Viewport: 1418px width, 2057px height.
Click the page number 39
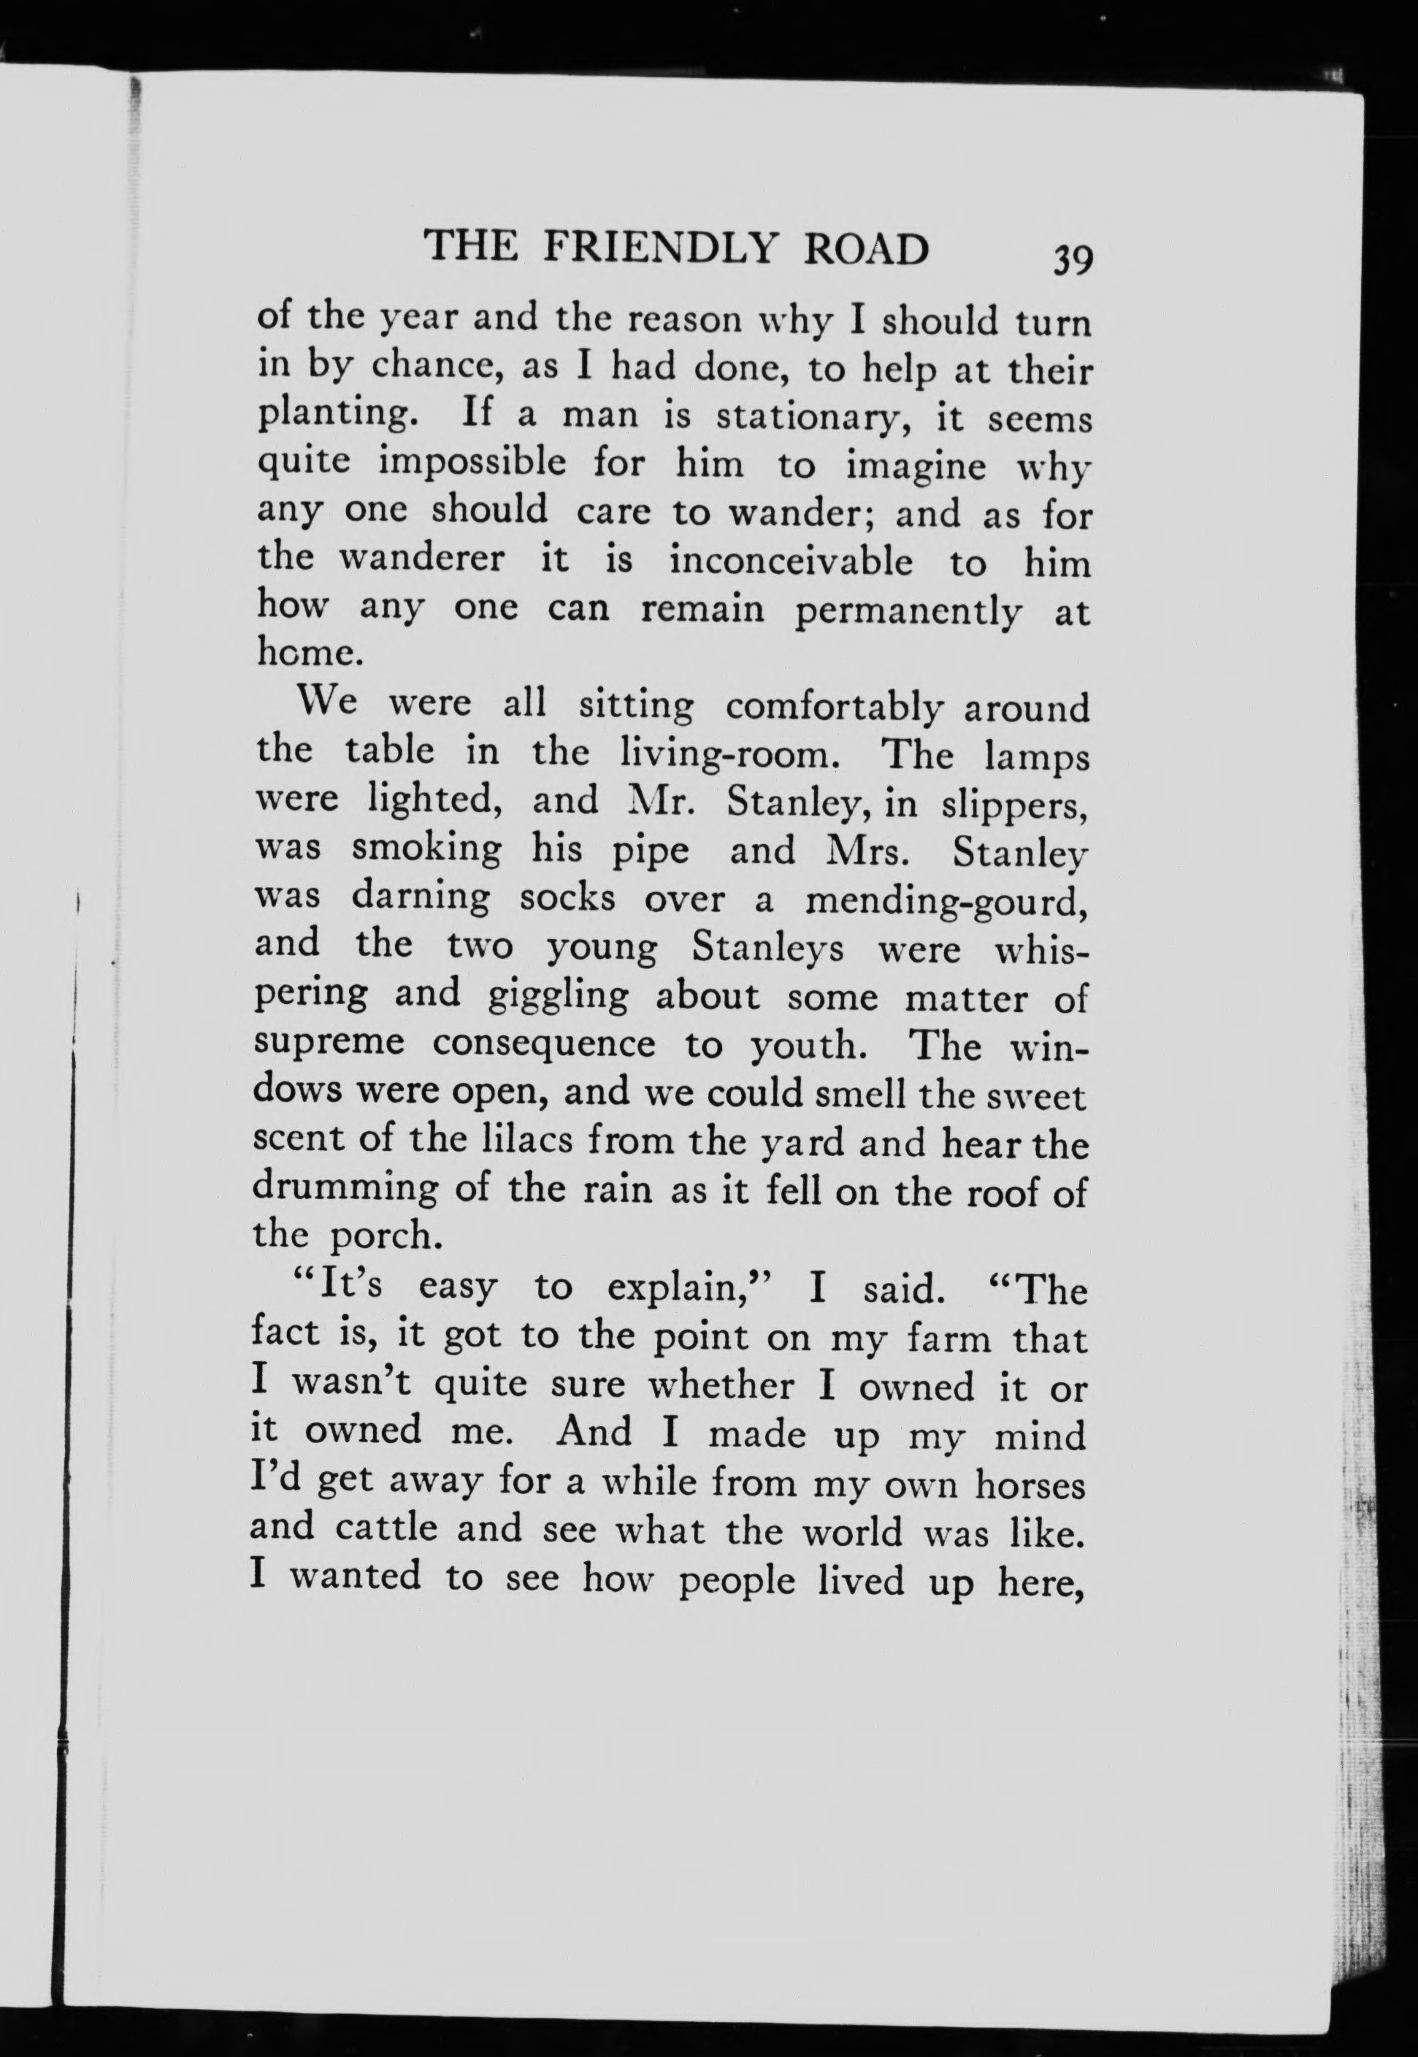[1073, 262]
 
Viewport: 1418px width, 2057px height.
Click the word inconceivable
[791, 562]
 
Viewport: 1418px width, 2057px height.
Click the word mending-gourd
[946, 901]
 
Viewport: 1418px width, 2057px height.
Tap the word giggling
[559, 997]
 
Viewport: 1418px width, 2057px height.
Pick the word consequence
[544, 1045]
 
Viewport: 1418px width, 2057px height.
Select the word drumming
[345, 1190]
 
